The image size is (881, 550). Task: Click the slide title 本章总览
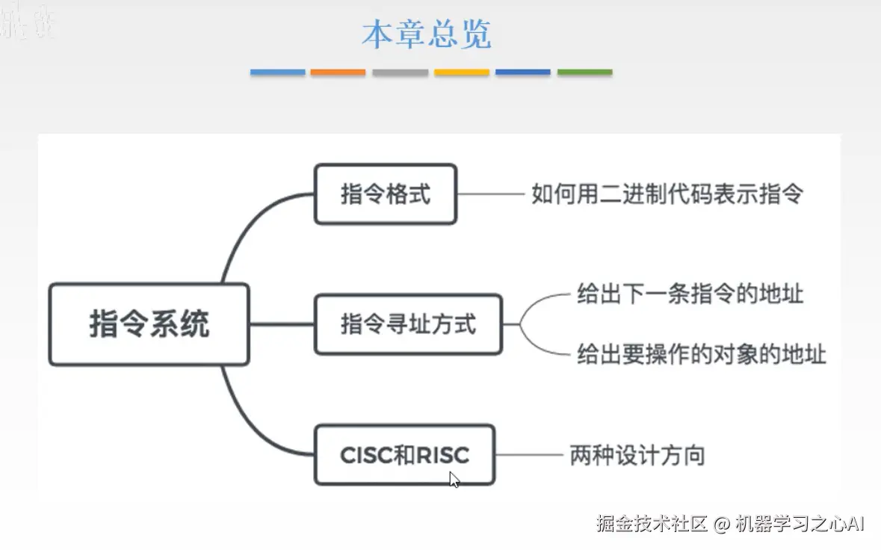427,34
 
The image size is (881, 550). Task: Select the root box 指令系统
149,324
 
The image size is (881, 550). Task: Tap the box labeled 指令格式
385,194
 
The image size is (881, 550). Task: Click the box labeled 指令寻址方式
408,324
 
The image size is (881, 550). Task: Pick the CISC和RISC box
404,454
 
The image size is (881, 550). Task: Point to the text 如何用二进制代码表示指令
667,194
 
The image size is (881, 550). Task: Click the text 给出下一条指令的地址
690,293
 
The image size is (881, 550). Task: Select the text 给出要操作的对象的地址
701,353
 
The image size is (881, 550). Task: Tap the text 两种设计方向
637,455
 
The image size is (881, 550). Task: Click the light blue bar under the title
277,72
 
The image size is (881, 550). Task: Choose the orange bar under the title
339,72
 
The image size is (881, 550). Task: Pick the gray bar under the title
401,72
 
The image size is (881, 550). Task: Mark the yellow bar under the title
462,72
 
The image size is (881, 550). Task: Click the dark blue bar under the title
523,72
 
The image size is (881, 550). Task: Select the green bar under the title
584,72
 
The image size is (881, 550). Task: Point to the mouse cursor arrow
454,479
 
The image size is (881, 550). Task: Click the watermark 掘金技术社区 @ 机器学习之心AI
730,523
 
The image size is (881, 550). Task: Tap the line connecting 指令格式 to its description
489,194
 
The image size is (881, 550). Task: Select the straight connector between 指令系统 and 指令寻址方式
282,324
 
